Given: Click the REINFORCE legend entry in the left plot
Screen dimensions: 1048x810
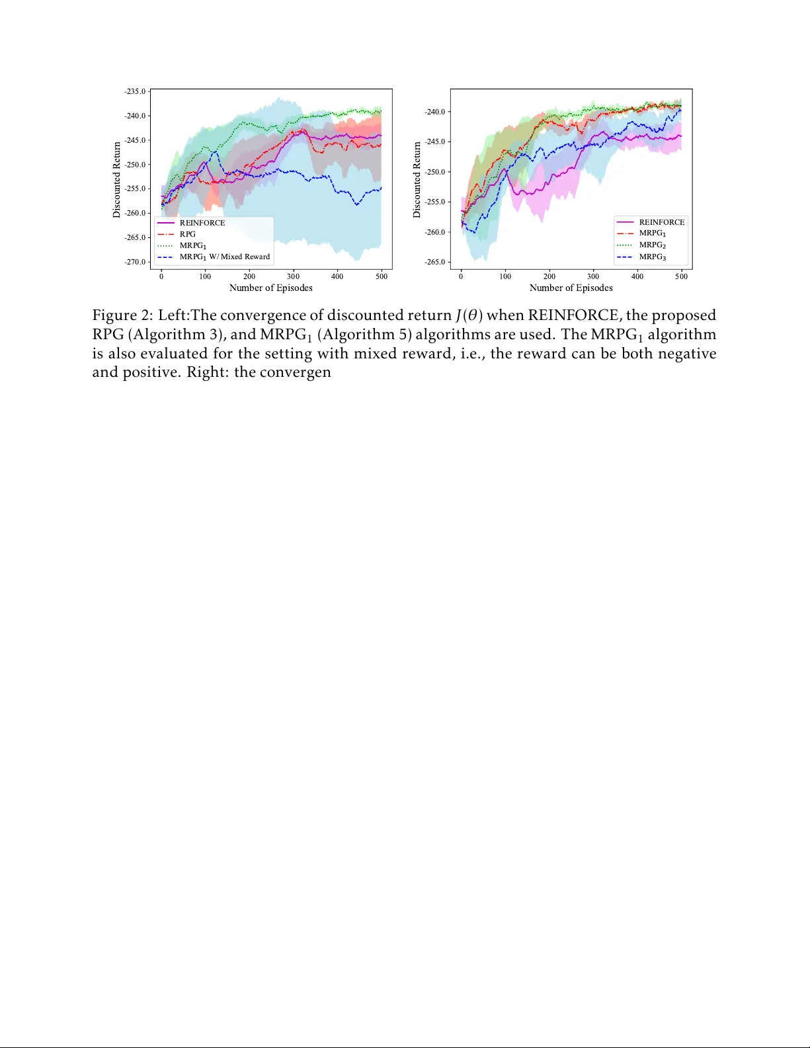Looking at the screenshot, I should [x=202, y=223].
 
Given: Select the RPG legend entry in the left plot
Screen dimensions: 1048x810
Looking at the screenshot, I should [x=188, y=234].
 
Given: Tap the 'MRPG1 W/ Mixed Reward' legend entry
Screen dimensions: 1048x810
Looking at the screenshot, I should [x=224, y=257].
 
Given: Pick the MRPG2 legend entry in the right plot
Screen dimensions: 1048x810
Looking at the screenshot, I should [x=652, y=245].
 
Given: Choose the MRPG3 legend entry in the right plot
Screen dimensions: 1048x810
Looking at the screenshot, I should [x=652, y=257].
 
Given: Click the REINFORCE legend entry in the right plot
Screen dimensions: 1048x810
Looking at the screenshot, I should [x=661, y=222].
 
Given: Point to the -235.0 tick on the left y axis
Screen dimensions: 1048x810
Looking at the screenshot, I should [x=135, y=91].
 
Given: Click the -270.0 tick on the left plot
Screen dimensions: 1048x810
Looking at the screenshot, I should [x=135, y=262].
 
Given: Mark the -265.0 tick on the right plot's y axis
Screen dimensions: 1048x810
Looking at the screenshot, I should [x=434, y=262].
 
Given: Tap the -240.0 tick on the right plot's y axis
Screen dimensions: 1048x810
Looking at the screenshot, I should [x=434, y=112].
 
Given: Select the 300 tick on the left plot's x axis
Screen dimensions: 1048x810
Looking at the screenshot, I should [x=293, y=276].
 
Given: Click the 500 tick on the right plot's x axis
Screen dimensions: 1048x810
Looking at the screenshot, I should [x=681, y=276].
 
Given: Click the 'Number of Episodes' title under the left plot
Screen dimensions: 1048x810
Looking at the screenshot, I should [x=270, y=288].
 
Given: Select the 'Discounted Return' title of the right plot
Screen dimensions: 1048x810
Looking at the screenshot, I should [x=417, y=179].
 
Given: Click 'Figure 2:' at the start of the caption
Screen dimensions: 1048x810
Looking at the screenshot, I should [x=122, y=315].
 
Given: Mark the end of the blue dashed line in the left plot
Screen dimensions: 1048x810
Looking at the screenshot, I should [x=382, y=188].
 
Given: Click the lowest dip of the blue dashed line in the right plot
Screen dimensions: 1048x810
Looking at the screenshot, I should [x=473, y=232].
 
